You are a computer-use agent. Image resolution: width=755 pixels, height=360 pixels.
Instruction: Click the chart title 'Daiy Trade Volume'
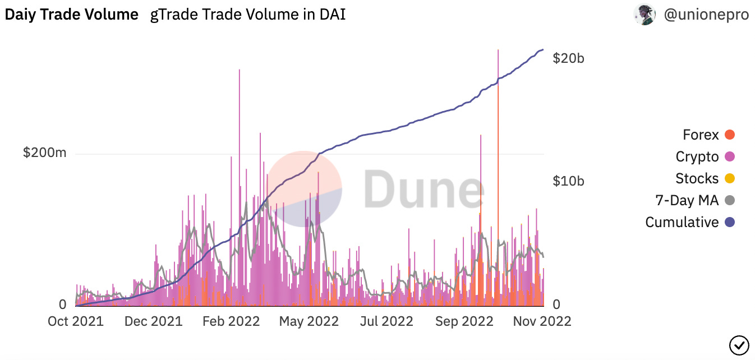point(72,15)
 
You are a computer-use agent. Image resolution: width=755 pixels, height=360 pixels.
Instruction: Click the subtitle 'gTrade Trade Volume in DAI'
point(248,15)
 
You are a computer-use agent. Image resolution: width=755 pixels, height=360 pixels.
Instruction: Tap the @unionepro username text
point(706,15)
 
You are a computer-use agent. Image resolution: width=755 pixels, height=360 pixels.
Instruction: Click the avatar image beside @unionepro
point(644,15)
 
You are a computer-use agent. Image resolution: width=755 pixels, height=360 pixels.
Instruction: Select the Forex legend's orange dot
point(730,135)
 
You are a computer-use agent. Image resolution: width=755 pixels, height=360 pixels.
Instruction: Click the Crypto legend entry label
point(697,157)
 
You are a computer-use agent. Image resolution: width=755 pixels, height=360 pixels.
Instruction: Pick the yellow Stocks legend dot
point(730,179)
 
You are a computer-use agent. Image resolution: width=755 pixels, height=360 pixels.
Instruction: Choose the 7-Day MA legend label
point(687,200)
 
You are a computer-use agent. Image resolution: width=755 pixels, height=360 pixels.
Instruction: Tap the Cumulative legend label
point(682,222)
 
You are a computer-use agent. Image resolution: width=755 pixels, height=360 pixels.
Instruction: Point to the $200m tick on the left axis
point(44,153)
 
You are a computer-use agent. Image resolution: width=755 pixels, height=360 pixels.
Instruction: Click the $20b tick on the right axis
point(568,58)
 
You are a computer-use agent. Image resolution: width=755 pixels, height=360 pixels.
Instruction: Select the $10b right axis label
point(568,181)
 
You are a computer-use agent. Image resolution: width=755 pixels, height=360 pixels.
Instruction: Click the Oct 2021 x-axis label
point(75,321)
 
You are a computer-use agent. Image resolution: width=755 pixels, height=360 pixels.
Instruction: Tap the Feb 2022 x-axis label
point(231,321)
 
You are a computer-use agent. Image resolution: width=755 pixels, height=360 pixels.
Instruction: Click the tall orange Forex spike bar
point(498,196)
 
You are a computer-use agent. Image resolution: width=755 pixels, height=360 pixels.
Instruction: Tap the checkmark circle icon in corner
point(738,344)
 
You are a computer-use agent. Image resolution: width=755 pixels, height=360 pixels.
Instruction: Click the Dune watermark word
point(423,188)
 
